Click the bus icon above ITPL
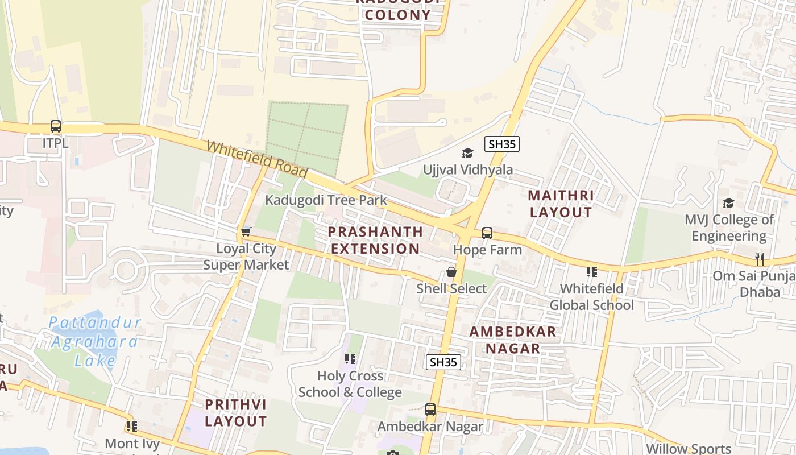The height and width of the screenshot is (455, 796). pos(55,126)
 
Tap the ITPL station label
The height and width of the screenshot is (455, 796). pos(55,143)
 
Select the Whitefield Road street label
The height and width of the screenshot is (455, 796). pos(256,160)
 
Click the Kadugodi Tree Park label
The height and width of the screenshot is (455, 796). pos(326,200)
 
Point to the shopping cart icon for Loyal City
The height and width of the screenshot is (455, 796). pos(246,231)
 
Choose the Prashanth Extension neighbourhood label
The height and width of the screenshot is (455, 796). pos(375,240)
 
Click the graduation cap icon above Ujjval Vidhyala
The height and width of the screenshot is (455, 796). pos(467,153)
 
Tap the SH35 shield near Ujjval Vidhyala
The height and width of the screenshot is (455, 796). pos(502,144)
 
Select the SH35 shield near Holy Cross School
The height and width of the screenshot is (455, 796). pos(443,362)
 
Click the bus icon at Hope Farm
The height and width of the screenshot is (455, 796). pos(487,233)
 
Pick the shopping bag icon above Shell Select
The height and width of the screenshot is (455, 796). pos(451,272)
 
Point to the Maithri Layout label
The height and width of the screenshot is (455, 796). pos(561,204)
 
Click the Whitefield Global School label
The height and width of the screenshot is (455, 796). pos(591,297)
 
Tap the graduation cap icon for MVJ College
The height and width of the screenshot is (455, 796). pos(728,203)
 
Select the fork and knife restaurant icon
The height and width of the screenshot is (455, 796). pos(760,259)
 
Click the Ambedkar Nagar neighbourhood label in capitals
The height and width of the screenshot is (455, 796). pos(513,340)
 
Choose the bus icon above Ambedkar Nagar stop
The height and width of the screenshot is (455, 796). pos(430,409)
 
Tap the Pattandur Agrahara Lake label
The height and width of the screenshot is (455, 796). pos(94,341)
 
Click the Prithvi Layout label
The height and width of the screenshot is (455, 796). pos(235,413)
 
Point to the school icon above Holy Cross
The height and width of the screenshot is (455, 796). pos(350,359)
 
